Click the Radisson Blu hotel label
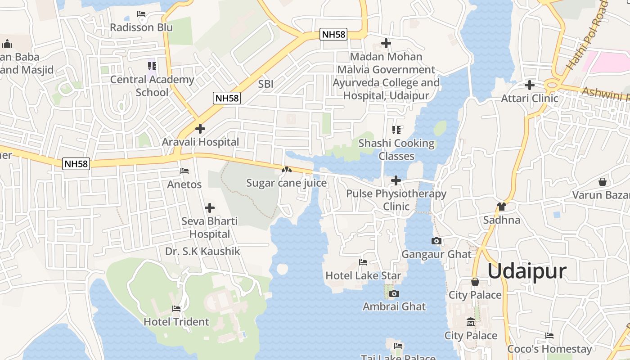click(141, 27)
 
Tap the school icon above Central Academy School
click(152, 66)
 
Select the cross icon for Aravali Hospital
click(200, 129)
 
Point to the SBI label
click(265, 84)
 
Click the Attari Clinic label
click(530, 98)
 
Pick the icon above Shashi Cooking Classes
click(396, 130)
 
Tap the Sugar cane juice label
click(286, 183)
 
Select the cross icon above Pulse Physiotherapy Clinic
click(396, 180)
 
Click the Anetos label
click(184, 184)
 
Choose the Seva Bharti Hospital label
click(210, 227)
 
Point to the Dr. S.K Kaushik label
click(202, 251)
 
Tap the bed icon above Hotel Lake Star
click(363, 262)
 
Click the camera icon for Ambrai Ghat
click(394, 294)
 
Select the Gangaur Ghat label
click(436, 254)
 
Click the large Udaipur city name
click(526, 271)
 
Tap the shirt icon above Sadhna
click(502, 207)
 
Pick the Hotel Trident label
click(176, 322)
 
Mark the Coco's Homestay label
click(549, 349)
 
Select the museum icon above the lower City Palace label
click(471, 322)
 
